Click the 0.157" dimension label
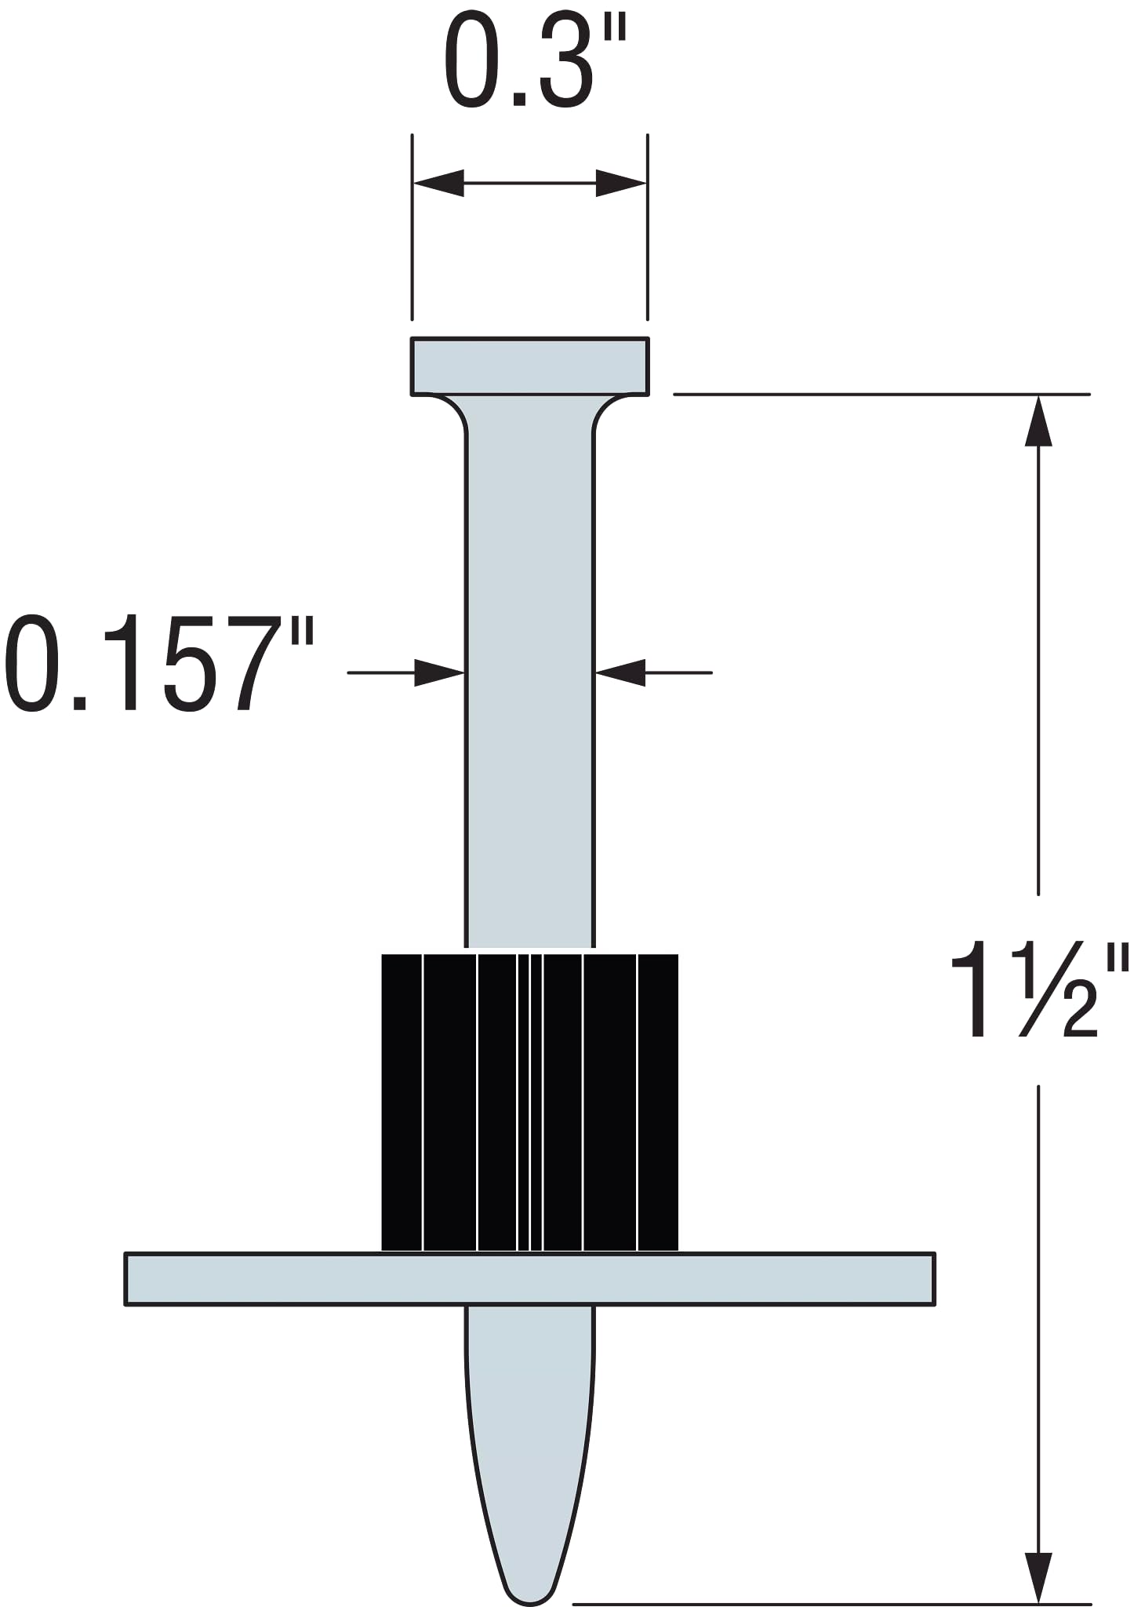point(159,664)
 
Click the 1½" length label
point(1038,990)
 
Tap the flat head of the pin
point(529,366)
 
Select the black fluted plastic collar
point(529,1102)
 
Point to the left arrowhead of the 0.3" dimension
point(438,184)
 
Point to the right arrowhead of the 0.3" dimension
point(621,184)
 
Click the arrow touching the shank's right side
point(620,672)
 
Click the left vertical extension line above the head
point(413,228)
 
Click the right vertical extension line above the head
point(647,228)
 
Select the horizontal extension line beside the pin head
point(878,394)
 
